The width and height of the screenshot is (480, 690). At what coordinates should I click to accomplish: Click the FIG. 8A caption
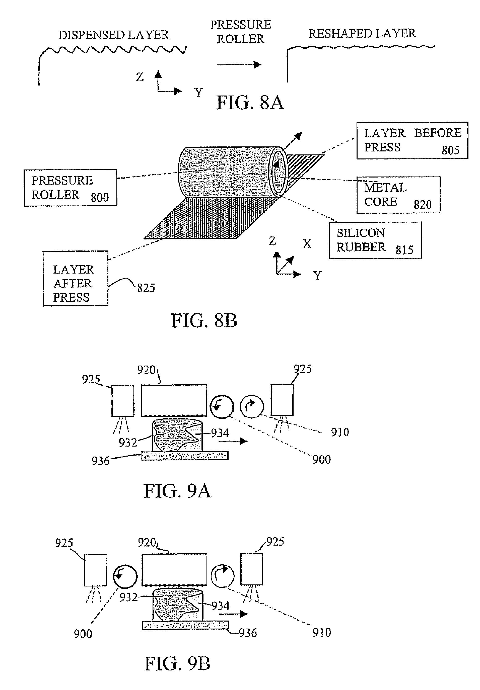[250, 103]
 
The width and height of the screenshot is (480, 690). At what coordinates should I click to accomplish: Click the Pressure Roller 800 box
[70, 188]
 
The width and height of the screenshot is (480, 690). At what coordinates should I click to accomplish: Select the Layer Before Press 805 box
[412, 140]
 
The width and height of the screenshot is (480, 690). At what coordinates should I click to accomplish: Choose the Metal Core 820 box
[398, 195]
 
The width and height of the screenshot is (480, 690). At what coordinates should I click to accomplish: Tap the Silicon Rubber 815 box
[375, 240]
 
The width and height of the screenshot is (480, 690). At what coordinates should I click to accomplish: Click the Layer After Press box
[75, 278]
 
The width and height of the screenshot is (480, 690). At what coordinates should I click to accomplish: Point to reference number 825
[146, 288]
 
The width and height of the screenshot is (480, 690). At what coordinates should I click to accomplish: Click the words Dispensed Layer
[114, 35]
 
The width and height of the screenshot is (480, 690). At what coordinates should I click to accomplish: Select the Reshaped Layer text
[362, 34]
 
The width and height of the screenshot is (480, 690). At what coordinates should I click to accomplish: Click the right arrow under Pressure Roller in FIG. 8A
[239, 64]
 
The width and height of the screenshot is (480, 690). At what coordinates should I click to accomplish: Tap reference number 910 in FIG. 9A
[340, 433]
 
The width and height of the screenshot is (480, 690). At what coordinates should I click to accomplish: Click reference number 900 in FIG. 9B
[83, 634]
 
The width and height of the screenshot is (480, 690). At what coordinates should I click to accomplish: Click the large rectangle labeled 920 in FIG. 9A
[174, 400]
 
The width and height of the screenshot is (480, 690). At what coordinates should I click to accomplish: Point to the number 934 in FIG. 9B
[221, 606]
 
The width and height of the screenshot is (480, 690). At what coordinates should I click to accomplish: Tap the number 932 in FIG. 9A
[128, 442]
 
